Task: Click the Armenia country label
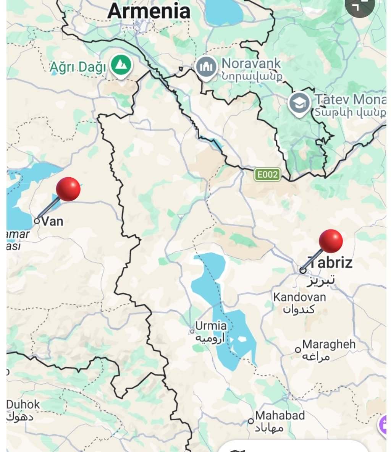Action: coord(149,11)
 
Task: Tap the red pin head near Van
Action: coord(68,189)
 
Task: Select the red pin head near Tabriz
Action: coord(331,241)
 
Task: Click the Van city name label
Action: coord(52,221)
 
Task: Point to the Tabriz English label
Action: coord(331,263)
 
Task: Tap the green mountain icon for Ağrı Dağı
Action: coord(121,65)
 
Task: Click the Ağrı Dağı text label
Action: coord(78,67)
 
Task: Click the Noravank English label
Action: coord(251,63)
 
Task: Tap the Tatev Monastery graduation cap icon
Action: coord(299,103)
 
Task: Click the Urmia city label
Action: coord(211,326)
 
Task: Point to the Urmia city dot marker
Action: coord(192,331)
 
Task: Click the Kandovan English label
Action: coord(299,297)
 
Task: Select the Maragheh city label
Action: coord(329,344)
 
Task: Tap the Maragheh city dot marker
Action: coord(298,350)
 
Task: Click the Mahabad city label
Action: coord(280,415)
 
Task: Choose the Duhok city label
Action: coord(23,404)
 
